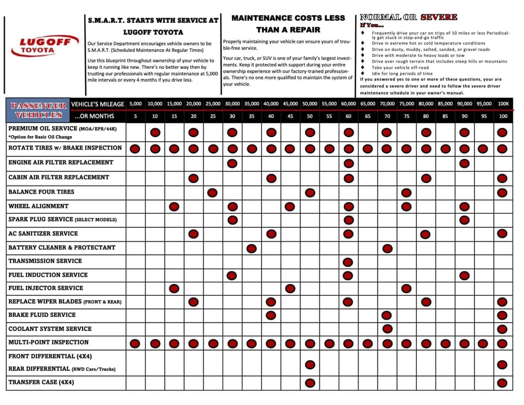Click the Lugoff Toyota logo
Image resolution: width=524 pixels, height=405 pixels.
[44, 46]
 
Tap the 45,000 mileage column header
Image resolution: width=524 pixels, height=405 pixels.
[290, 104]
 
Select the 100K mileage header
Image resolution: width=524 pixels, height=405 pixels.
[503, 104]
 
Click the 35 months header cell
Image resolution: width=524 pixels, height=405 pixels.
[251, 116]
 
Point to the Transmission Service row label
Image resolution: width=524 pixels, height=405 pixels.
[45, 261]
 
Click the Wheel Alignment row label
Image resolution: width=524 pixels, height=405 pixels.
[39, 206]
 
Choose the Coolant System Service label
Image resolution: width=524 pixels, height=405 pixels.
[50, 329]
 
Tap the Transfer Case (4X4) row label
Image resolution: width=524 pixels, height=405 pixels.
[41, 382]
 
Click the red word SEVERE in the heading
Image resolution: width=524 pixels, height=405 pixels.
[438, 17]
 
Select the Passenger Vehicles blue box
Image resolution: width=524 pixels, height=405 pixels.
[38, 110]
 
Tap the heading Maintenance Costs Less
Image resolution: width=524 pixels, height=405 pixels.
[288, 18]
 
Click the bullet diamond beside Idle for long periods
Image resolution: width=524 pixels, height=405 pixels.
[363, 73]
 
